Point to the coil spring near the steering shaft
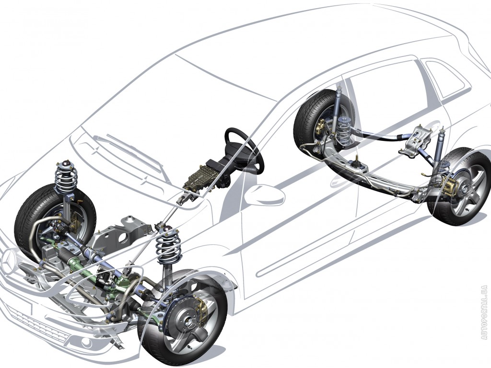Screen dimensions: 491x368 [x=169, y=246]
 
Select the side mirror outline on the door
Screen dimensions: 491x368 [x=265, y=195]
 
